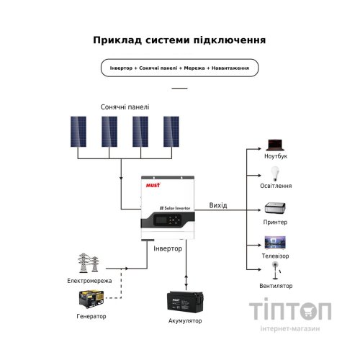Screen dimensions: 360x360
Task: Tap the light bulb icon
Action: point(274,174)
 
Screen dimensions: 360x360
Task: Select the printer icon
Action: point(276,209)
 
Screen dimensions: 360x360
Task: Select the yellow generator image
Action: point(89,298)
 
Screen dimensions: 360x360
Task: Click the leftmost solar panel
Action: point(79,132)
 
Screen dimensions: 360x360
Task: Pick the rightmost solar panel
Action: point(172,132)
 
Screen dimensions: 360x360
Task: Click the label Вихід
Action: point(217,206)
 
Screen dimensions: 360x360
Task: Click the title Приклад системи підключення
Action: point(179,40)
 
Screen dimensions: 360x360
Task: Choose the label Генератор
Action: point(91,317)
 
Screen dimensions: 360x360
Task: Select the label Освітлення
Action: point(276,186)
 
